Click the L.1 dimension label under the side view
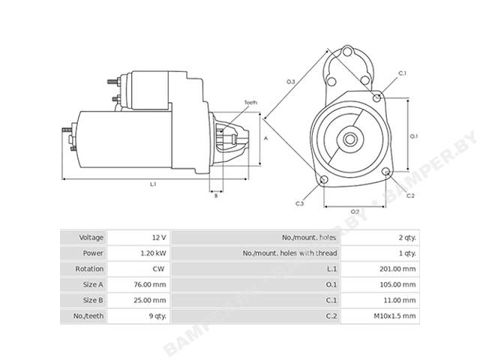[153, 184]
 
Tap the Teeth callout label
[250, 103]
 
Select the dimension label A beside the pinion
[265, 138]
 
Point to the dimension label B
[216, 195]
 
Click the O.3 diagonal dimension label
[290, 82]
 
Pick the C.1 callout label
[402, 73]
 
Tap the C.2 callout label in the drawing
[410, 196]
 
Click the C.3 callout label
[300, 203]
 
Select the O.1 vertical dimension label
[413, 136]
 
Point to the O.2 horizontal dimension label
[355, 211]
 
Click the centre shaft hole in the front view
[349, 139]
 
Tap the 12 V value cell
[159, 238]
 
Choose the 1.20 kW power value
[153, 253]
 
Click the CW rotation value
[158, 268]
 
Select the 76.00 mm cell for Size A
[150, 284]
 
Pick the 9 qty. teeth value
[157, 316]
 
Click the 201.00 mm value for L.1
[397, 268]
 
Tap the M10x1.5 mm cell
[394, 316]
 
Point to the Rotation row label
[89, 268]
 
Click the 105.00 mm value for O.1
[397, 284]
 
